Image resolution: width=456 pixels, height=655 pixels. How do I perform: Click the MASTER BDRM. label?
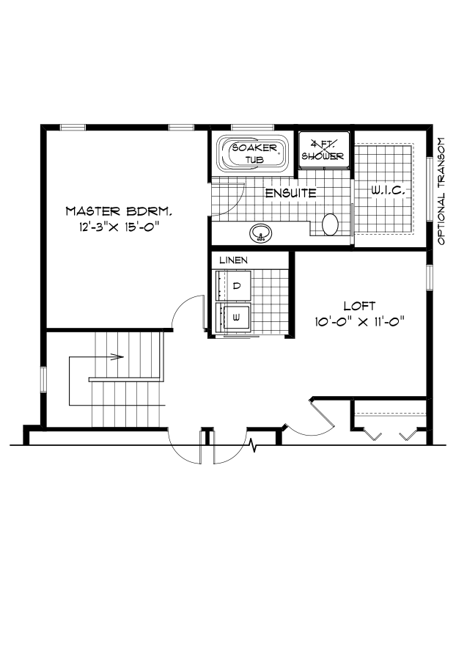[118, 211]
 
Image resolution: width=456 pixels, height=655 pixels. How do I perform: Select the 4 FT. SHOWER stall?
[323, 150]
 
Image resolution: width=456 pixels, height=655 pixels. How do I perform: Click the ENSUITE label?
[290, 194]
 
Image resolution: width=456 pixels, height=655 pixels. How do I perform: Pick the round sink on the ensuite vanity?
[260, 234]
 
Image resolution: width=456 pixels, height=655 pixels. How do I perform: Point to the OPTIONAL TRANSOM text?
[441, 191]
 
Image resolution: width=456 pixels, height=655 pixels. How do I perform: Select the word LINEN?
[233, 260]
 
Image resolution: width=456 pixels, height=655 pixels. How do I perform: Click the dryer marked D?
[236, 285]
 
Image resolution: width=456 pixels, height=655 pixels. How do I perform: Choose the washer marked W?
[236, 318]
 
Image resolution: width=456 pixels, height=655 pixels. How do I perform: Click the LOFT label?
[359, 305]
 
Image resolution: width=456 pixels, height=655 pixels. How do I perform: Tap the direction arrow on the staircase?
[114, 357]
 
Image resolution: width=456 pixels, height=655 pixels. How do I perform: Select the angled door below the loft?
[323, 414]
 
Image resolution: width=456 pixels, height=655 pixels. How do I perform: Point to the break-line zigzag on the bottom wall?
[253, 444]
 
